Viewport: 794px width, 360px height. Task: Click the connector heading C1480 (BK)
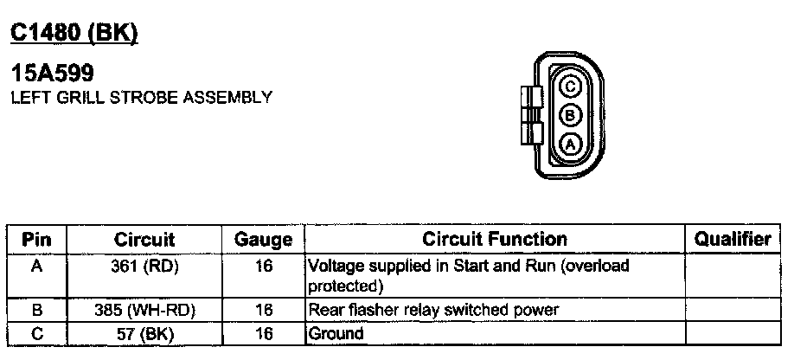pyautogui.click(x=74, y=32)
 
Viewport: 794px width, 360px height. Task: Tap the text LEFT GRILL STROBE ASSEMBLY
pyautogui.click(x=142, y=97)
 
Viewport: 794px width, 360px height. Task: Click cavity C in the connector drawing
pyautogui.click(x=570, y=87)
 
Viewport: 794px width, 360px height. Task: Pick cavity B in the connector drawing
pyautogui.click(x=570, y=116)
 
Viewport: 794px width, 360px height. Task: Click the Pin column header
pyautogui.click(x=37, y=240)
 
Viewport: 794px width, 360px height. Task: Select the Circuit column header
pyautogui.click(x=144, y=240)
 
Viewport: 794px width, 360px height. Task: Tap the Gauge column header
pyautogui.click(x=263, y=240)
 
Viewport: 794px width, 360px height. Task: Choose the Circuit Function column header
pyautogui.click(x=495, y=240)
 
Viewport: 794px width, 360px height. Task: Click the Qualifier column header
pyautogui.click(x=733, y=240)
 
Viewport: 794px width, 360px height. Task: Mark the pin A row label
pyautogui.click(x=37, y=267)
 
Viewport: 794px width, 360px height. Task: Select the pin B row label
pyautogui.click(x=37, y=309)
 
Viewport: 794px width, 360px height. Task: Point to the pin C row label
pyautogui.click(x=37, y=332)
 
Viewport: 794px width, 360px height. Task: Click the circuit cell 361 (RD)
pyautogui.click(x=144, y=267)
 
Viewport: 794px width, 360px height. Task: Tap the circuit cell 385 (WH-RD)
pyautogui.click(x=144, y=309)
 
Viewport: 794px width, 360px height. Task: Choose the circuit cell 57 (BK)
pyautogui.click(x=144, y=332)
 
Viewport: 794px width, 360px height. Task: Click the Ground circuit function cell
pyautogui.click(x=336, y=332)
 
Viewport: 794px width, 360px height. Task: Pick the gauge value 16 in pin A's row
pyautogui.click(x=263, y=267)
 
